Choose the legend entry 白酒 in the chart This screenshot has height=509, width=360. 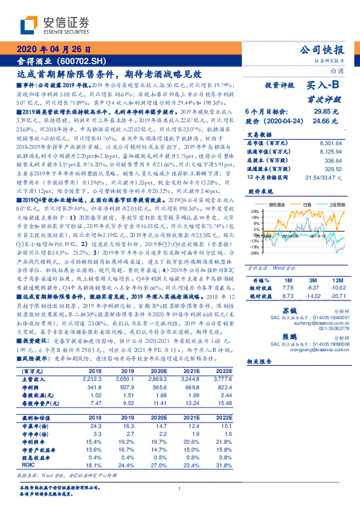pyautogui.click(x=307, y=205)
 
